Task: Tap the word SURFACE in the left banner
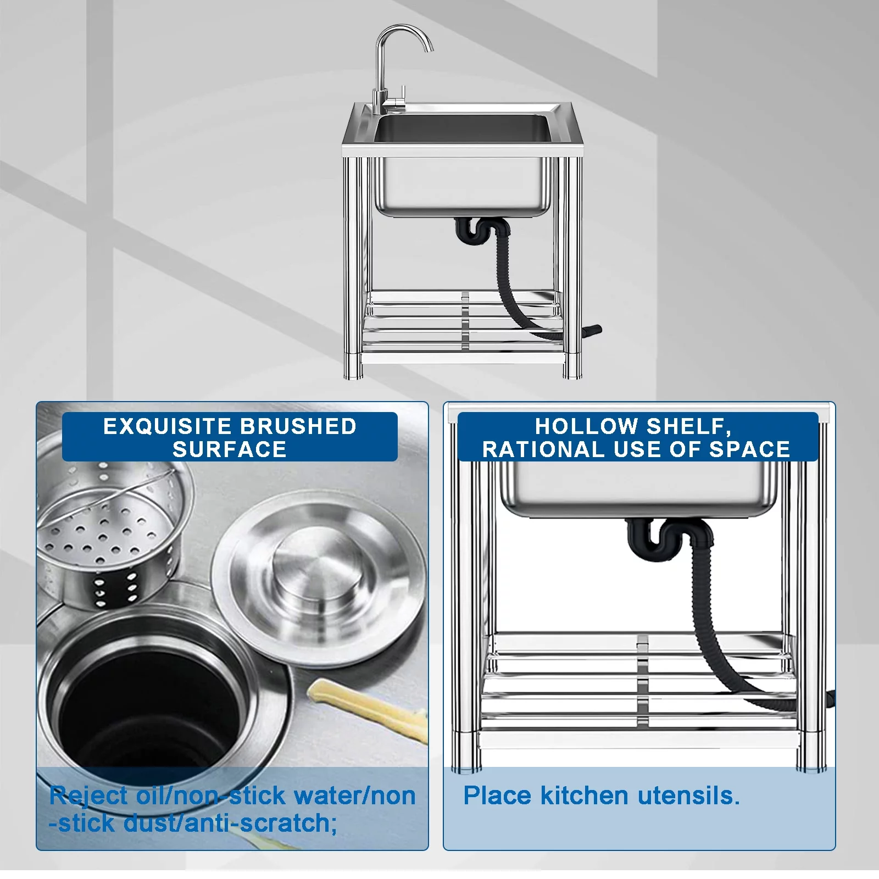click(230, 450)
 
